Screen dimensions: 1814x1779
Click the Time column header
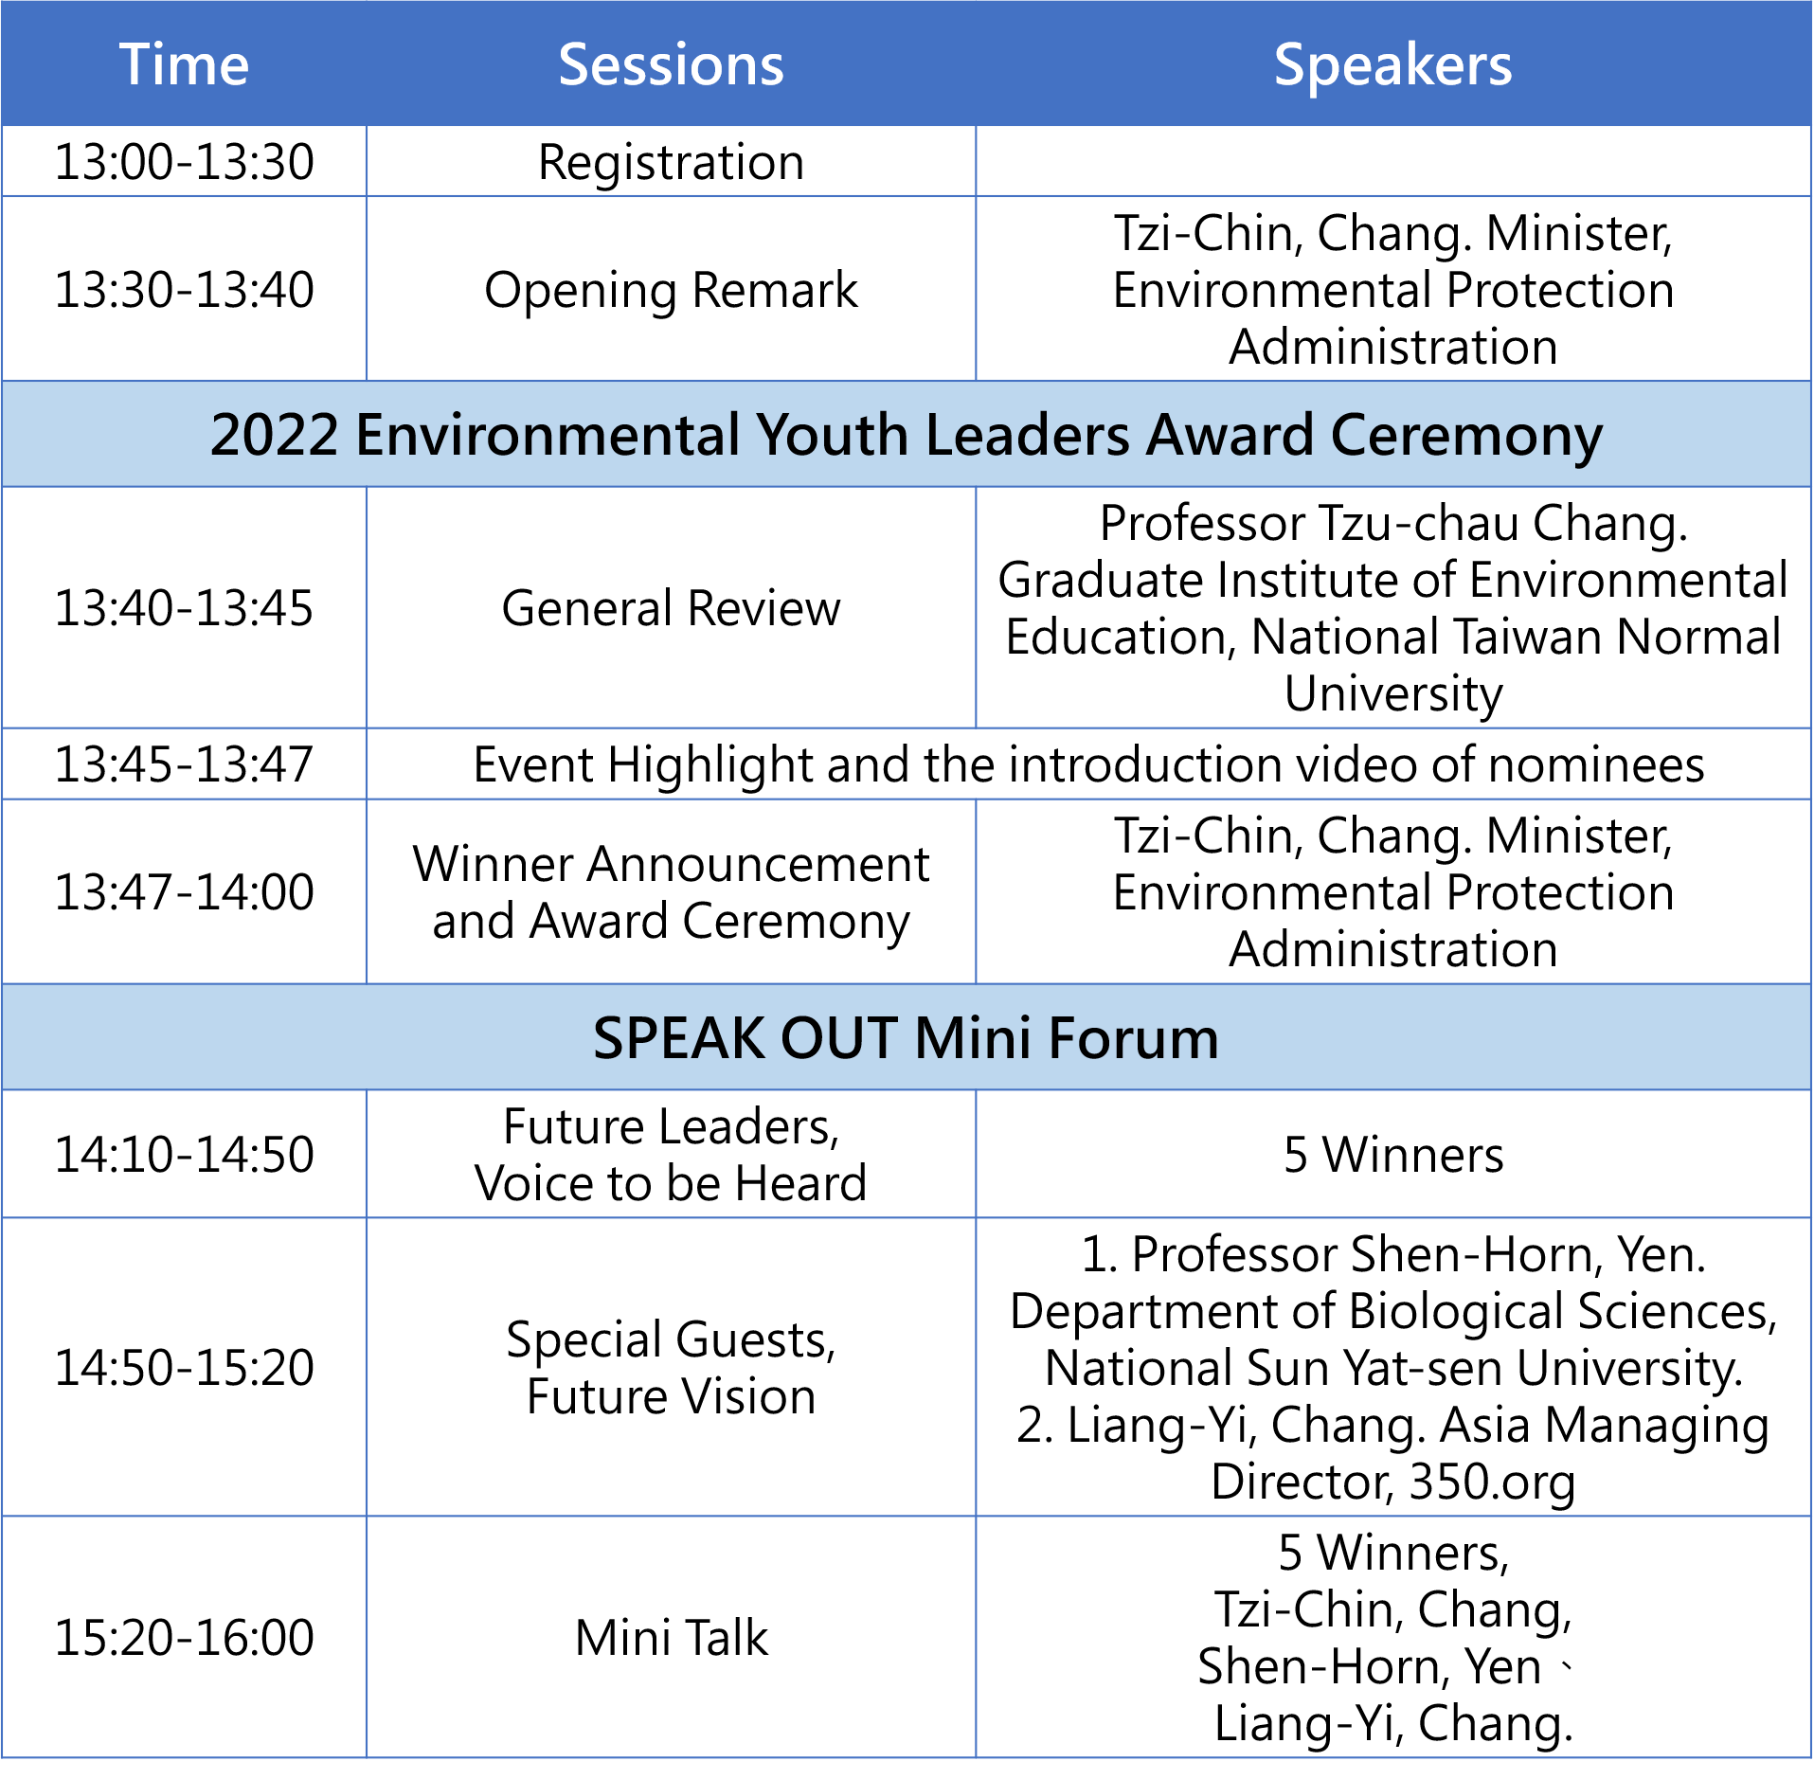[x=184, y=64]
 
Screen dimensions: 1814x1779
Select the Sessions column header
[x=671, y=64]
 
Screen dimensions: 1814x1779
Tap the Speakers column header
[x=1392, y=65]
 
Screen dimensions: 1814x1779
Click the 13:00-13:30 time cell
[x=184, y=161]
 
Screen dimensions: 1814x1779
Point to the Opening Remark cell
[x=671, y=290]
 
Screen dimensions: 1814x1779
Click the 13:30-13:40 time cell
[x=184, y=289]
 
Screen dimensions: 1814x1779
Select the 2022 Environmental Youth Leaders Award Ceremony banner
[x=907, y=435]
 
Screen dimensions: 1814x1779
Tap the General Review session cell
[x=671, y=607]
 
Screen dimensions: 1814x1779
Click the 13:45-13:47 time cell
[x=184, y=764]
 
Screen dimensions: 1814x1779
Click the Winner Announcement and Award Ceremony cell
[x=671, y=892]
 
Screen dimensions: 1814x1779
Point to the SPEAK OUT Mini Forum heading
[x=906, y=1037]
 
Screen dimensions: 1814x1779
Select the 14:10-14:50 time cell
[x=184, y=1154]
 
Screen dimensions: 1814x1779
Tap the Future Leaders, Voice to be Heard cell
[x=671, y=1155]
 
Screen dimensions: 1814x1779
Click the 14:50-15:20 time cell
[x=184, y=1367]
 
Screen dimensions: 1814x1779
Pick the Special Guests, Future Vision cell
[x=671, y=1368]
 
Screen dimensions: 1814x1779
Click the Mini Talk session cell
[x=671, y=1637]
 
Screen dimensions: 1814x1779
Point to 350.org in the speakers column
[x=1492, y=1482]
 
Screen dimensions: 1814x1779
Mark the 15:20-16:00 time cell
[x=184, y=1637]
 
